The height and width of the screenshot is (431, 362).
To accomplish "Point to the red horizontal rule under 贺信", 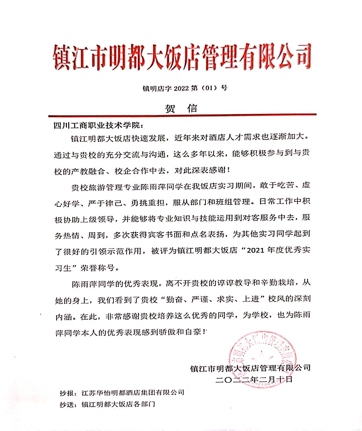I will tap(182, 115).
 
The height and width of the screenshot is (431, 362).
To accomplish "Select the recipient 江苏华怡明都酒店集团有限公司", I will tap(133, 392).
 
